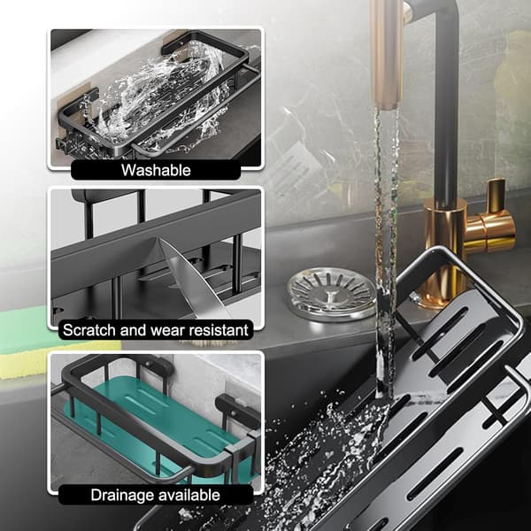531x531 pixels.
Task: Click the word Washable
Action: pos(156,170)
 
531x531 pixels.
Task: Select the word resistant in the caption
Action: pos(219,330)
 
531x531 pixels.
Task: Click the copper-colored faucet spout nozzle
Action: pos(387,54)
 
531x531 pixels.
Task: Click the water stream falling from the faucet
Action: pos(386,254)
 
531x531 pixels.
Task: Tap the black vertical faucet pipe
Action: pos(446,102)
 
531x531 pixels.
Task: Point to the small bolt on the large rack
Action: pos(414,297)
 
